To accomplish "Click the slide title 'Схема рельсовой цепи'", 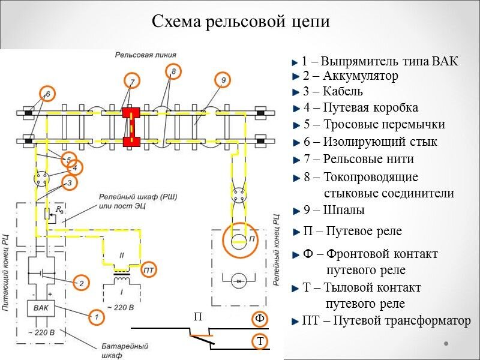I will (241, 22).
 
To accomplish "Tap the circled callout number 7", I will (133, 81).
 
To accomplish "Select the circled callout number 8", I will (173, 72).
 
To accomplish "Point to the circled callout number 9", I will (223, 80).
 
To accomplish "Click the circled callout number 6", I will (47, 94).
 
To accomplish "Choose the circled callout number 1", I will (94, 314).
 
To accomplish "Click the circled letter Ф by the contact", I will (259, 318).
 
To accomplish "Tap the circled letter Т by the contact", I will (260, 341).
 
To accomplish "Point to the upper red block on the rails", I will (131, 113).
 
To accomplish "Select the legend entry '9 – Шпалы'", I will (334, 211).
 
